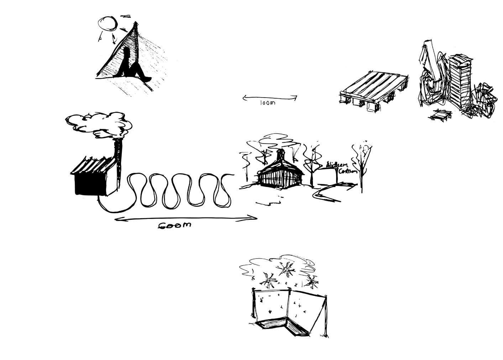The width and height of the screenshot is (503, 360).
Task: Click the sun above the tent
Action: (108, 24)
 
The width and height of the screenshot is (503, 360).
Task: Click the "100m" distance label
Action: (267, 103)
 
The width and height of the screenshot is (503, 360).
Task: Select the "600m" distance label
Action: (174, 225)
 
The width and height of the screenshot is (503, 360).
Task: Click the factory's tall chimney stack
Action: (119, 160)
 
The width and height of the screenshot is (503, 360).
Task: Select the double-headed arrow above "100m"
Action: (270, 97)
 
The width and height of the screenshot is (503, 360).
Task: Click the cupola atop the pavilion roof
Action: (281, 156)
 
